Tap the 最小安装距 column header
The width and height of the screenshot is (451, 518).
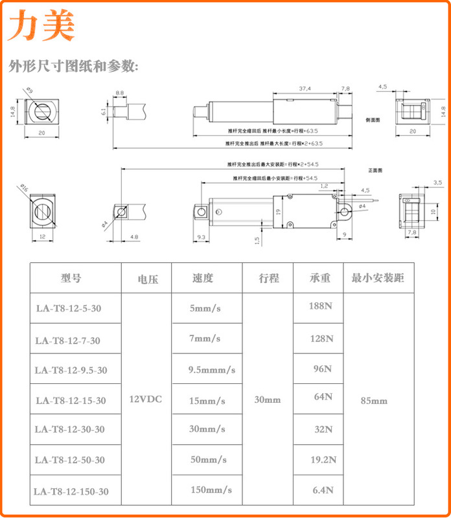point(378,278)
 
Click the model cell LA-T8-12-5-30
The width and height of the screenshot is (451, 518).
point(69,309)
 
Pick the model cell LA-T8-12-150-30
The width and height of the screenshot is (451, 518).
point(71,491)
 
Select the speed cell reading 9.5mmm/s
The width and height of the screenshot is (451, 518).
point(211,370)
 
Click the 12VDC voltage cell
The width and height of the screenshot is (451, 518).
point(146,400)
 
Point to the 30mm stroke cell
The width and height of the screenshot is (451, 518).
point(268,400)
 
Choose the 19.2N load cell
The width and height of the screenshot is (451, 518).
point(321,460)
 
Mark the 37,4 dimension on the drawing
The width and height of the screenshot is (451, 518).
point(305,89)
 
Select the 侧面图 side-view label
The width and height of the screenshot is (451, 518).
point(373,120)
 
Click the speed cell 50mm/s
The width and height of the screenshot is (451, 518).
point(208,460)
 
